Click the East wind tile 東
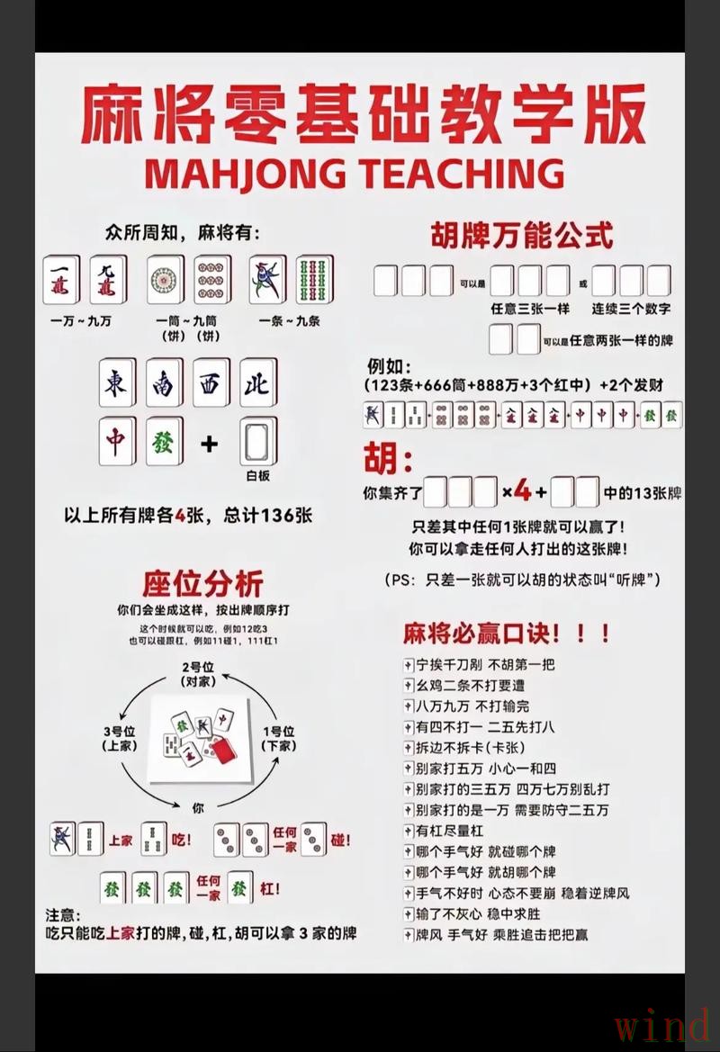pyautogui.click(x=117, y=383)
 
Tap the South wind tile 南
pyautogui.click(x=164, y=383)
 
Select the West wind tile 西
pyautogui.click(x=211, y=383)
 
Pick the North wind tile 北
pyautogui.click(x=257, y=383)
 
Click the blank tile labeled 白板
pyautogui.click(x=257, y=443)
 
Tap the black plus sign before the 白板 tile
pyautogui.click(x=210, y=444)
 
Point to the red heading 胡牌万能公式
pyautogui.click(x=522, y=236)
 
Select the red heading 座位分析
pyautogui.click(x=202, y=583)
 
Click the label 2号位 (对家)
pyautogui.click(x=197, y=674)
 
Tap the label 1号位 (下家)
pyautogui.click(x=279, y=738)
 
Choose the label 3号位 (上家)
pyautogui.click(x=118, y=738)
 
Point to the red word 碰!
pyautogui.click(x=340, y=840)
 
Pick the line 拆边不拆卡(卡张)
pyautogui.click(x=469, y=747)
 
